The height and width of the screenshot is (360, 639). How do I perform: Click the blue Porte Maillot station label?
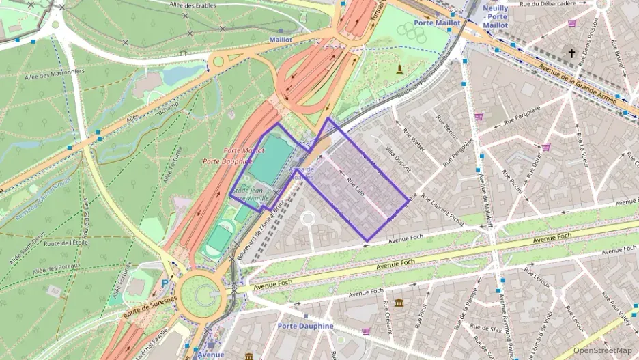pyautogui.click(x=437, y=23)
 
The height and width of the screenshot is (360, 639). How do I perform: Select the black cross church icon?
pyautogui.click(x=571, y=53)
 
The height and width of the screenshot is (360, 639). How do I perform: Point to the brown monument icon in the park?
pyautogui.click(x=399, y=69)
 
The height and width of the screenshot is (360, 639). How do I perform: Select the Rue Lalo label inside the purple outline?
pyautogui.click(x=355, y=188)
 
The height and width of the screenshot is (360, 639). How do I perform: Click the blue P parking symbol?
pyautogui.click(x=165, y=282)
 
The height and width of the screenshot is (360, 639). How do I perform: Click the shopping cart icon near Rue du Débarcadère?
pyautogui.click(x=571, y=23)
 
